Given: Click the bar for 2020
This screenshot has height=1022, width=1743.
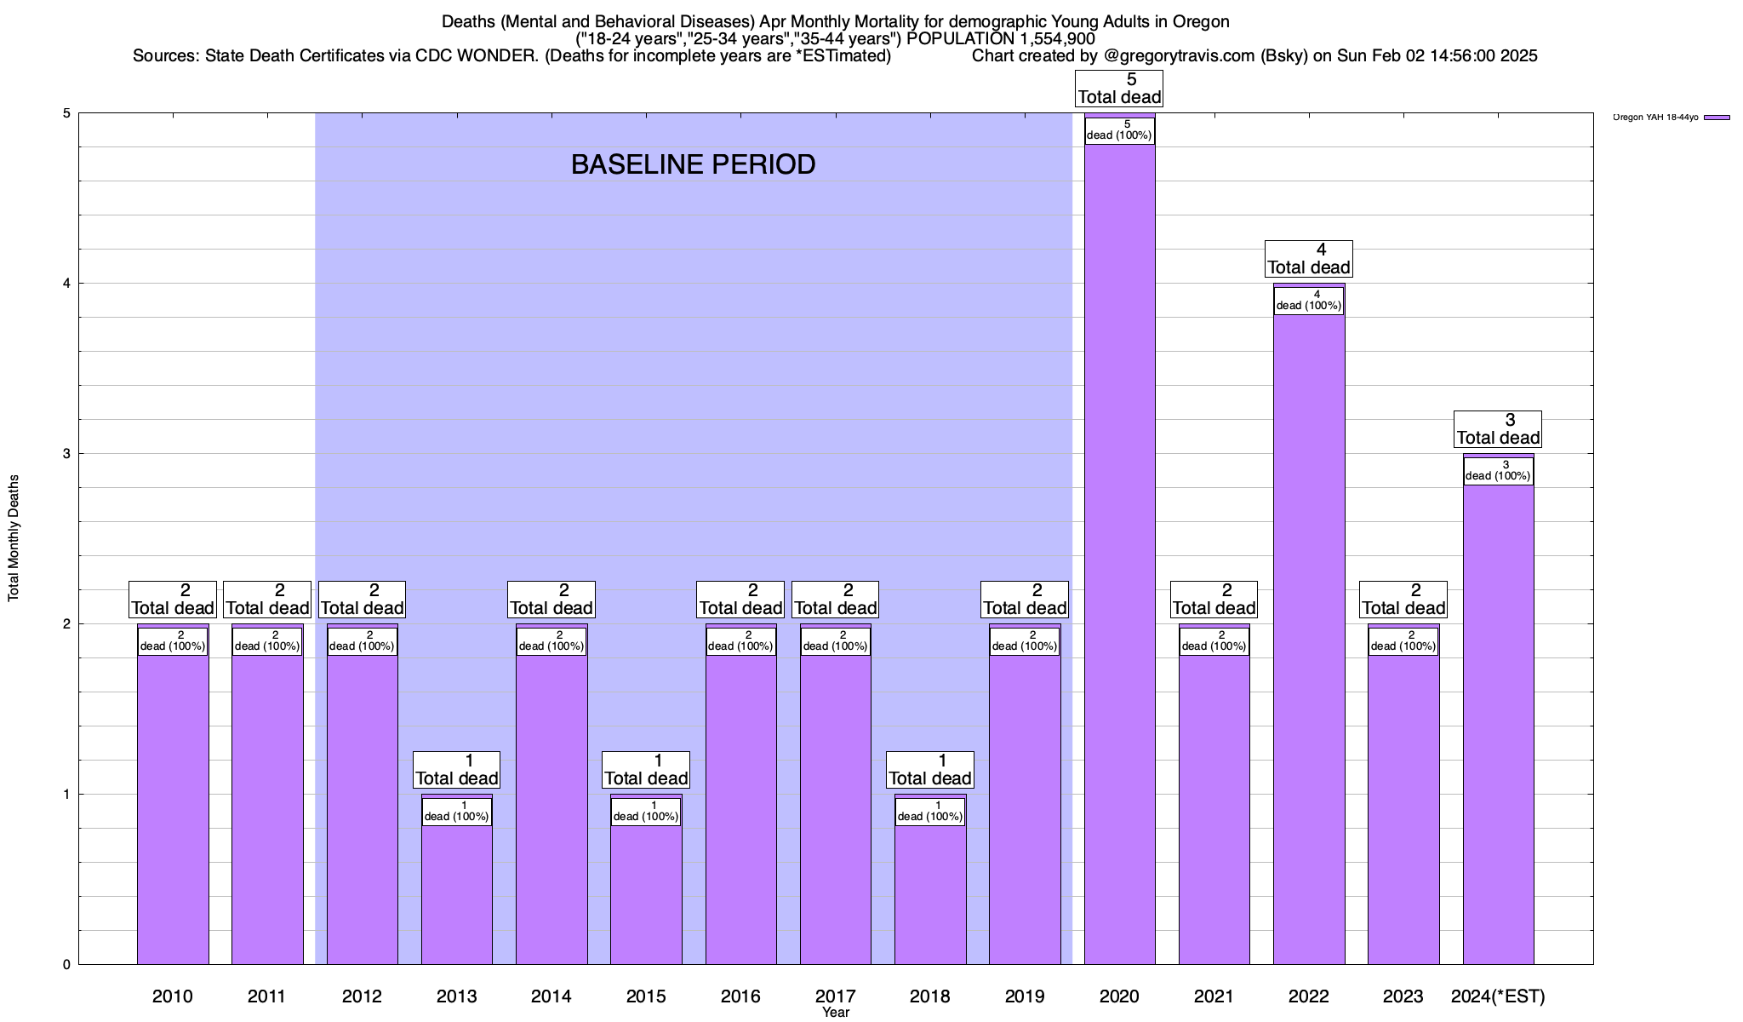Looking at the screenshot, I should pos(1119,554).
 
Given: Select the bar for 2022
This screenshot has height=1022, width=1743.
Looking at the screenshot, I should pos(1309,639).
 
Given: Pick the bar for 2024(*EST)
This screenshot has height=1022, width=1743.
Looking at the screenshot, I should pos(1498,724).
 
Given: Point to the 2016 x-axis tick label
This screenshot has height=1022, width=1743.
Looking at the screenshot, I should pos(740,996).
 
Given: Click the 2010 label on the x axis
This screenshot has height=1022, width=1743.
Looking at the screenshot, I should pos(173,996).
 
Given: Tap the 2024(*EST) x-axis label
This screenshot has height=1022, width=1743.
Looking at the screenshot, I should pos(1498,996).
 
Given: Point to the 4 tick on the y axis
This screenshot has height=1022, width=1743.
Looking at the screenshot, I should pos(66,284).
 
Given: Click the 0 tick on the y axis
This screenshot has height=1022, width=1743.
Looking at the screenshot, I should pos(66,965).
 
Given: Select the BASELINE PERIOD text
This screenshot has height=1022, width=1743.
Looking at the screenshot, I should pos(693,164).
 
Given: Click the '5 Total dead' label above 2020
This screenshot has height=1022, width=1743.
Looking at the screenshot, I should pos(1119,89).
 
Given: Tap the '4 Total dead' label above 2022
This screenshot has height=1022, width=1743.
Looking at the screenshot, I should pos(1309,259).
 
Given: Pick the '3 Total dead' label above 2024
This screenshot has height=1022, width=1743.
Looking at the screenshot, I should pos(1498,429).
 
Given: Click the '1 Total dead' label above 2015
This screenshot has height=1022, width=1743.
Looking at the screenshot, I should pos(646,770).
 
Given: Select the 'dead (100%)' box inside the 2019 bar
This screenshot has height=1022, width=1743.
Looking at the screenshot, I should pos(1025,641).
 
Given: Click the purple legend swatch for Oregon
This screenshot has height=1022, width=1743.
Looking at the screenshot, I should pos(1717,118).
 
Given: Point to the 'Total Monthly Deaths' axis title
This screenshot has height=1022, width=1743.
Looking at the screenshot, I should pos(14,538).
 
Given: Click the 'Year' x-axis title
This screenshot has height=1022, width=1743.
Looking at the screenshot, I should pos(836,1013).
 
